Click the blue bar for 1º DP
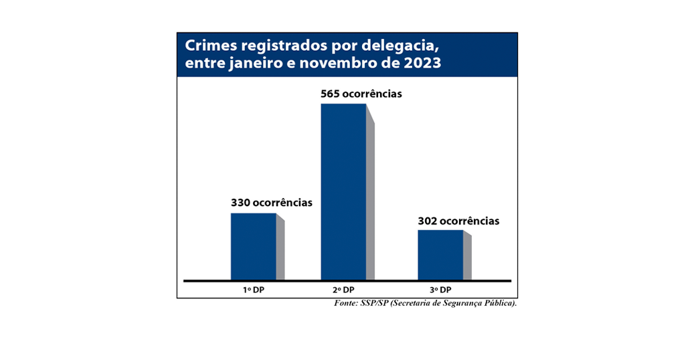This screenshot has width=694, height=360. pyautogui.click(x=253, y=246)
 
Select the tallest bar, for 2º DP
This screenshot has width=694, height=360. pyautogui.click(x=343, y=191)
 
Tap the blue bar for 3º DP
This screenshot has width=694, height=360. pyautogui.click(x=440, y=254)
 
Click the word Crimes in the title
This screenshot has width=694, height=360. pyautogui.click(x=208, y=46)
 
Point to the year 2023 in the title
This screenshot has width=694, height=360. pyautogui.click(x=422, y=64)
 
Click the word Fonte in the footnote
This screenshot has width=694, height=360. pyautogui.click(x=347, y=304)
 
